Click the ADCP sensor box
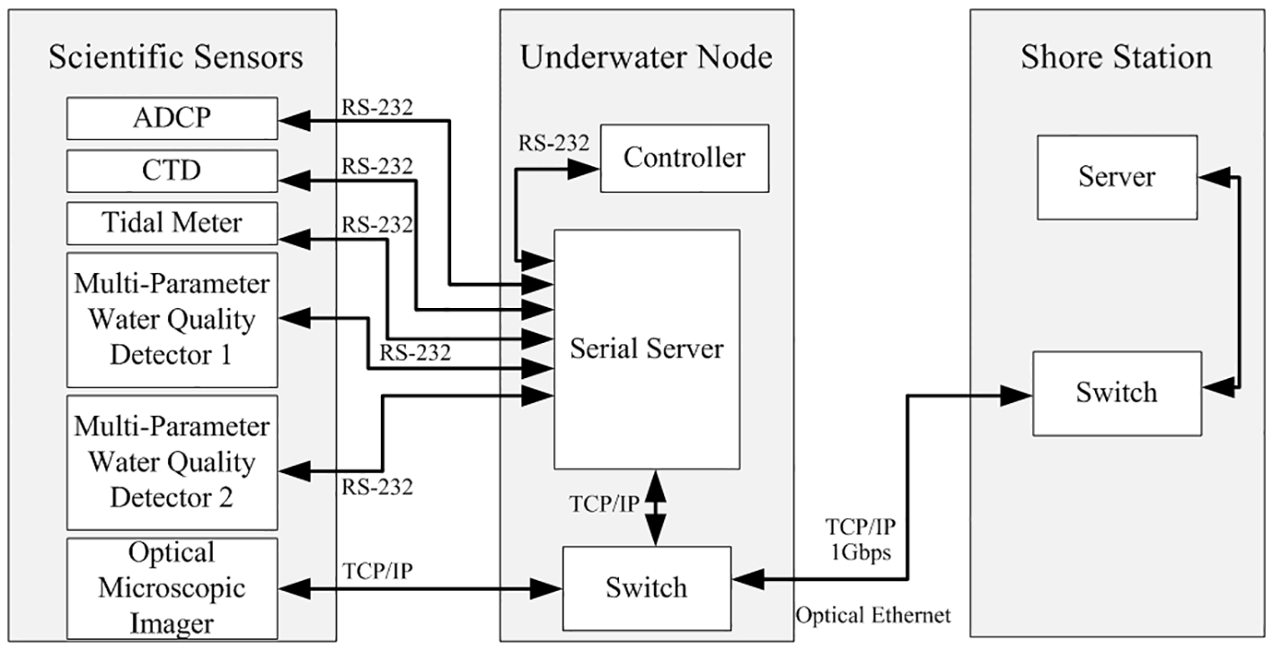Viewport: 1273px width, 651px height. pyautogui.click(x=172, y=118)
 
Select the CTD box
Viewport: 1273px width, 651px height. pyautogui.click(x=172, y=171)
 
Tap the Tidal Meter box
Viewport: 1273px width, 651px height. pyautogui.click(x=172, y=223)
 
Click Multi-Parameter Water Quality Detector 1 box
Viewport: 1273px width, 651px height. pyautogui.click(x=172, y=320)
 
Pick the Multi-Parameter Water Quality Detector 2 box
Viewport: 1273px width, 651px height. pyautogui.click(x=172, y=462)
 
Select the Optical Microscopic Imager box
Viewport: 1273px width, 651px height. pyautogui.click(x=172, y=587)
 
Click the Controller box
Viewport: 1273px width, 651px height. pyautogui.click(x=685, y=159)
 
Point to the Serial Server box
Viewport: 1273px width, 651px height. pyautogui.click(x=647, y=348)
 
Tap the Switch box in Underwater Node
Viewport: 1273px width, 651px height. pyautogui.click(x=647, y=588)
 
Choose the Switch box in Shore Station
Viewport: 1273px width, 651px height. pyautogui.click(x=1116, y=392)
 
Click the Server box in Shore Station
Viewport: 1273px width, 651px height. pyautogui.click(x=1116, y=177)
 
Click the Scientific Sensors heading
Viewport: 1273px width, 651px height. pyautogui.click(x=176, y=57)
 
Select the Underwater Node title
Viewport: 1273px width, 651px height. pyautogui.click(x=646, y=57)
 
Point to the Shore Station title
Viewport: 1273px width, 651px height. pyautogui.click(x=1116, y=57)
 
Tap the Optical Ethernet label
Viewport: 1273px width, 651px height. pyautogui.click(x=872, y=616)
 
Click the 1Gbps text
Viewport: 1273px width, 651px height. pyautogui.click(x=860, y=553)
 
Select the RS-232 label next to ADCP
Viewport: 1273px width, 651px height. pyautogui.click(x=376, y=107)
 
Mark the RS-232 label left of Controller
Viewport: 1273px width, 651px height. pyautogui.click(x=553, y=143)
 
